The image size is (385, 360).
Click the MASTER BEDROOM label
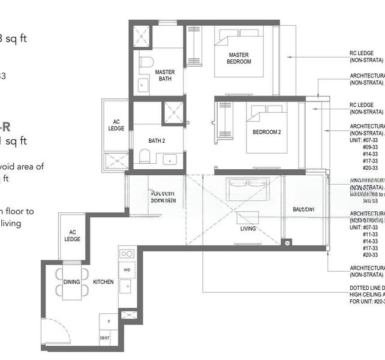pos(239,58)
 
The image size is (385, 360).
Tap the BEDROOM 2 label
pos(266,132)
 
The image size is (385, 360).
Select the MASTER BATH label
pos(165,75)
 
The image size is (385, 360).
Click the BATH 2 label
pos(157,142)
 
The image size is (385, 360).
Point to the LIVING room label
pos(248,229)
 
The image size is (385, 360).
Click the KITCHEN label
pos(103,281)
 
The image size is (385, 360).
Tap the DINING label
pos(72,281)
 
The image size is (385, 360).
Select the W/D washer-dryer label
pos(127,270)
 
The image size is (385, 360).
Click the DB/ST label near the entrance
pos(105,338)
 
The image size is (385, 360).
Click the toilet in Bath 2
pos(145,157)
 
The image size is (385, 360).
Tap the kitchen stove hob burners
pos(127,254)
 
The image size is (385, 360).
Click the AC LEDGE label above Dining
pos(72,236)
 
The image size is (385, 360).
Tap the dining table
pos(72,281)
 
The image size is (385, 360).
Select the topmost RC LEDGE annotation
pos(366,56)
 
